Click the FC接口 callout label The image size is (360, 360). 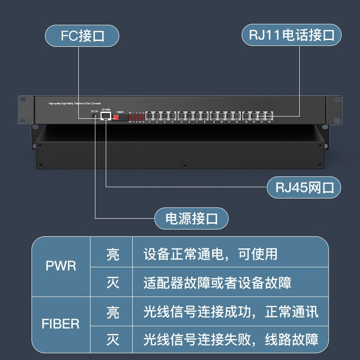[x=82, y=36]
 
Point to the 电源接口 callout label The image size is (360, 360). [x=192, y=219]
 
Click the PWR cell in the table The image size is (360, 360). [x=61, y=265]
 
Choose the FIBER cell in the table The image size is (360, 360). [x=61, y=323]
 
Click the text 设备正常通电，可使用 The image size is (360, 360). [x=211, y=254]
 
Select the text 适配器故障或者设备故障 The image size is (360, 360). [x=217, y=282]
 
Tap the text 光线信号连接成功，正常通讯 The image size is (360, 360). [x=231, y=311]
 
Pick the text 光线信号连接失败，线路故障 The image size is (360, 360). [x=231, y=339]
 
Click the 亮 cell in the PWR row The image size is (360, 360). [x=112, y=254]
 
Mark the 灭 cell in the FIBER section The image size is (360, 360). [x=112, y=339]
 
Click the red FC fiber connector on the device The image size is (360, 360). [x=116, y=117]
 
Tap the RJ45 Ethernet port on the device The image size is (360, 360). [x=106, y=117]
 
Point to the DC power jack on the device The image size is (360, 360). [x=95, y=117]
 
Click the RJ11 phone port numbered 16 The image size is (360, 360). [x=269, y=116]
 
